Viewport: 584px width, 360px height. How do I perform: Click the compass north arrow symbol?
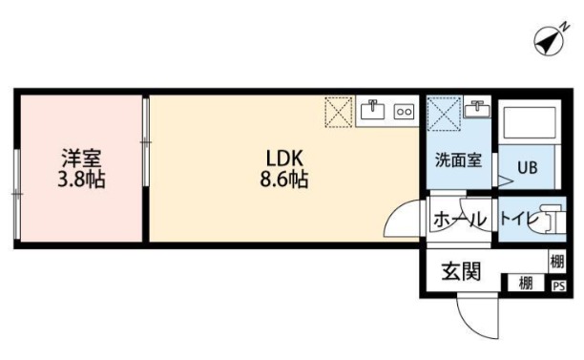pos(548,41)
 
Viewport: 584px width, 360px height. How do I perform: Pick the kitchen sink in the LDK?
pos(372,111)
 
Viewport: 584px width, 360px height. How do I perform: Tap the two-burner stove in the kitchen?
pos(404,112)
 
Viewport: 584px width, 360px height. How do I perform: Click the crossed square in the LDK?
pos(338,112)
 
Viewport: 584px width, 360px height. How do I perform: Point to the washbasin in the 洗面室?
pos(476,111)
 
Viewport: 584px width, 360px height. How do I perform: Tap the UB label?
pos(528,166)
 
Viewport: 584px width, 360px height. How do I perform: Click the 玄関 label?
pos(460,271)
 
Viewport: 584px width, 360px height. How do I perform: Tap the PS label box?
pos(558,284)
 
